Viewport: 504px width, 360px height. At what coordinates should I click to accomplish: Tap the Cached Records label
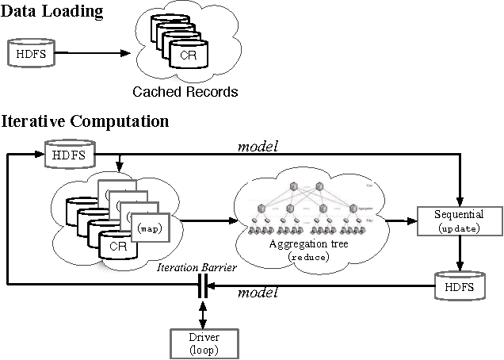[185, 92]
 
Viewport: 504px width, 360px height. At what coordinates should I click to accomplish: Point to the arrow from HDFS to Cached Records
[91, 54]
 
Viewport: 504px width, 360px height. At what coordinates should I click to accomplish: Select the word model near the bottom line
[258, 293]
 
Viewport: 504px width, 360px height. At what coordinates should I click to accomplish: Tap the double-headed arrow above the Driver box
[203, 311]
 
